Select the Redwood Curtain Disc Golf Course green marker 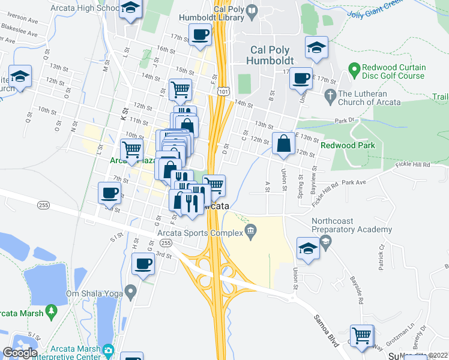coord(353,70)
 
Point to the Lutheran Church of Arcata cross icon coord(329,95)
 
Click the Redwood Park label coord(348,145)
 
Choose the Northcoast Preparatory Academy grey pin coord(325,241)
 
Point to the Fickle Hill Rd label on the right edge coord(413,164)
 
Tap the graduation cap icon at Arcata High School coord(130,8)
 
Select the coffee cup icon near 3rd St coord(143,263)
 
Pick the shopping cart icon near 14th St coord(180,90)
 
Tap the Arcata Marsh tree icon coord(52,311)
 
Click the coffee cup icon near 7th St coord(109,193)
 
